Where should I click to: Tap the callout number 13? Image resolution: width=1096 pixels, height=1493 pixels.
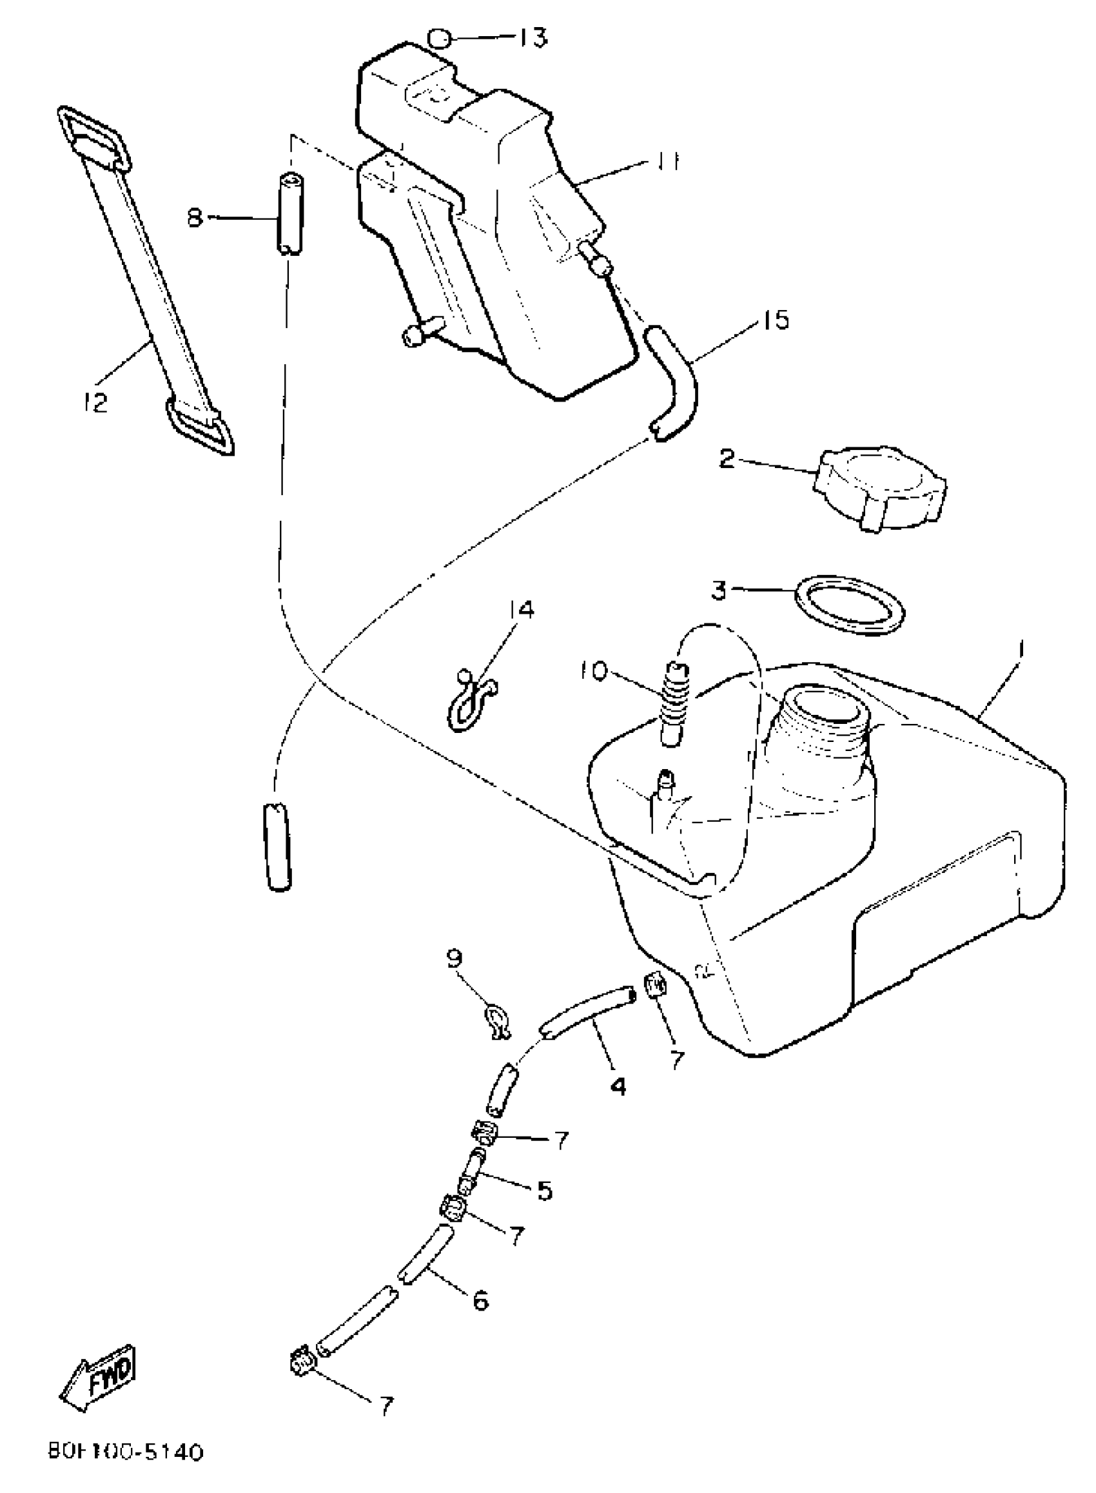coord(533,38)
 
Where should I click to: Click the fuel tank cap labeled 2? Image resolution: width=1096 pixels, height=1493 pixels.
coord(881,487)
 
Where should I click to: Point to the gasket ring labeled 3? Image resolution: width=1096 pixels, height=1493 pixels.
coord(850,605)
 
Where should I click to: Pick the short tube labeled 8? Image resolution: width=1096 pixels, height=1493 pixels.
coord(290,213)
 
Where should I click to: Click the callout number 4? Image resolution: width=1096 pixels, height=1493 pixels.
coord(618,1086)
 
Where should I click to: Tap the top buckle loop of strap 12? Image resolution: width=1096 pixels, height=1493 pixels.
coord(93,135)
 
